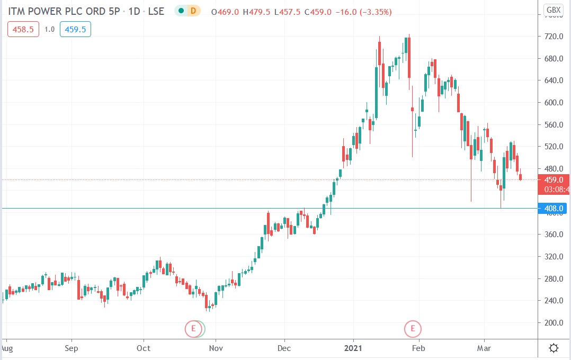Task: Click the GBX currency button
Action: (x=554, y=10)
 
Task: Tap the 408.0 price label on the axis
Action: (x=554, y=208)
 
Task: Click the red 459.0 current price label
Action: (x=554, y=180)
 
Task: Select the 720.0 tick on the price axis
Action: (x=554, y=37)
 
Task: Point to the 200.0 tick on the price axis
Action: (x=554, y=322)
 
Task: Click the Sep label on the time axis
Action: (x=71, y=348)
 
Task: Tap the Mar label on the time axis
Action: (x=484, y=348)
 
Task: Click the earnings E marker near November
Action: (x=193, y=329)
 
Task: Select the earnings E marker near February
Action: (x=413, y=329)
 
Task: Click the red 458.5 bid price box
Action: (x=23, y=30)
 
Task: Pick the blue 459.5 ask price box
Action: (x=75, y=30)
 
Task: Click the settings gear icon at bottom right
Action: (x=554, y=348)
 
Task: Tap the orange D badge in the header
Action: (x=193, y=11)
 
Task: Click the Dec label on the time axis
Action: (x=284, y=348)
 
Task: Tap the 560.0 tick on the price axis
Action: (x=554, y=124)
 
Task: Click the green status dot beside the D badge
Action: (x=182, y=11)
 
